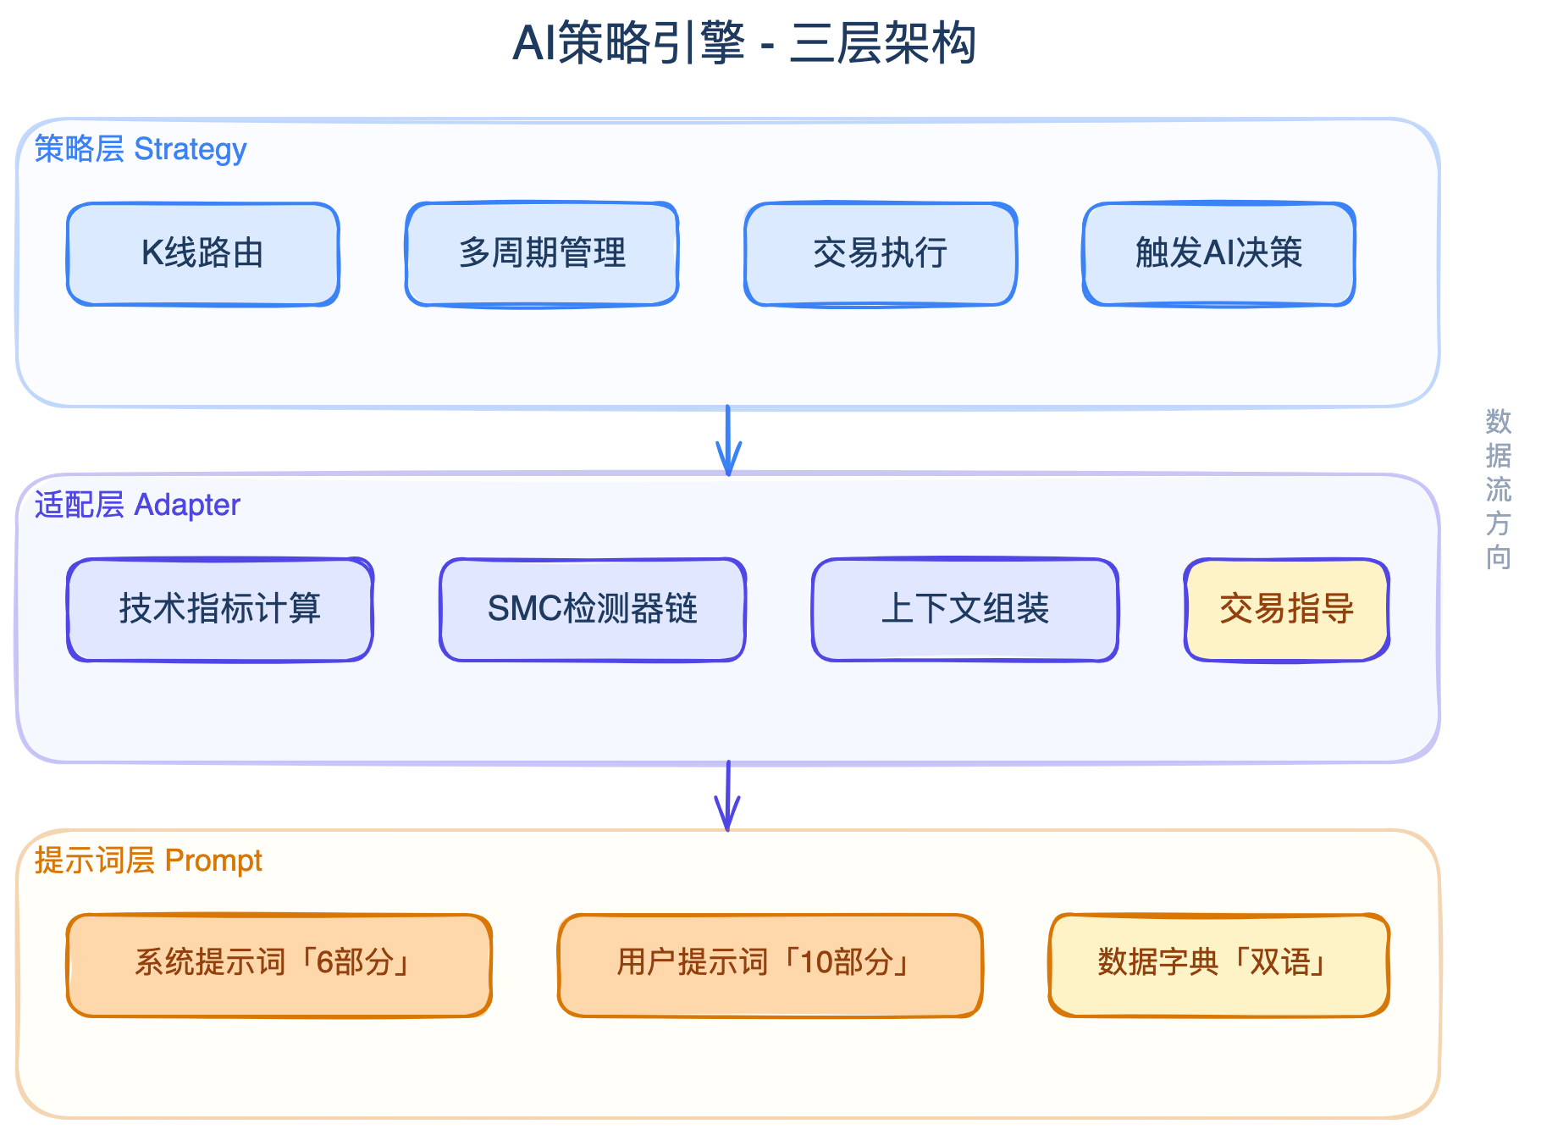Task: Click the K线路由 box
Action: pos(203,253)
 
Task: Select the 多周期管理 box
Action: pos(542,253)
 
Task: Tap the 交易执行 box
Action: pos(881,253)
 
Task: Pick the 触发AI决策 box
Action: pos(1219,253)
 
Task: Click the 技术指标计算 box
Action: pos(220,609)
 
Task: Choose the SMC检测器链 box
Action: pos(593,609)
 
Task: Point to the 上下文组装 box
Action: pos(965,609)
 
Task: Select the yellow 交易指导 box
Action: pos(1287,609)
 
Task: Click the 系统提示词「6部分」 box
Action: pos(279,965)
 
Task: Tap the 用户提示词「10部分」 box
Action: pos(770,965)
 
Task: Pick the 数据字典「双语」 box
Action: pos(1219,965)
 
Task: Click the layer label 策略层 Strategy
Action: pos(141,149)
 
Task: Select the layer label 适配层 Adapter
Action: pos(137,505)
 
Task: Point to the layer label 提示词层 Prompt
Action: pos(148,861)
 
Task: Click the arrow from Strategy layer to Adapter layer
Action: pos(728,440)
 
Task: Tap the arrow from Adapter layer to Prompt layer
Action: pos(728,796)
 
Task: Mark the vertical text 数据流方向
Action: pos(1498,490)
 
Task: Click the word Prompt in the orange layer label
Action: pos(213,861)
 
